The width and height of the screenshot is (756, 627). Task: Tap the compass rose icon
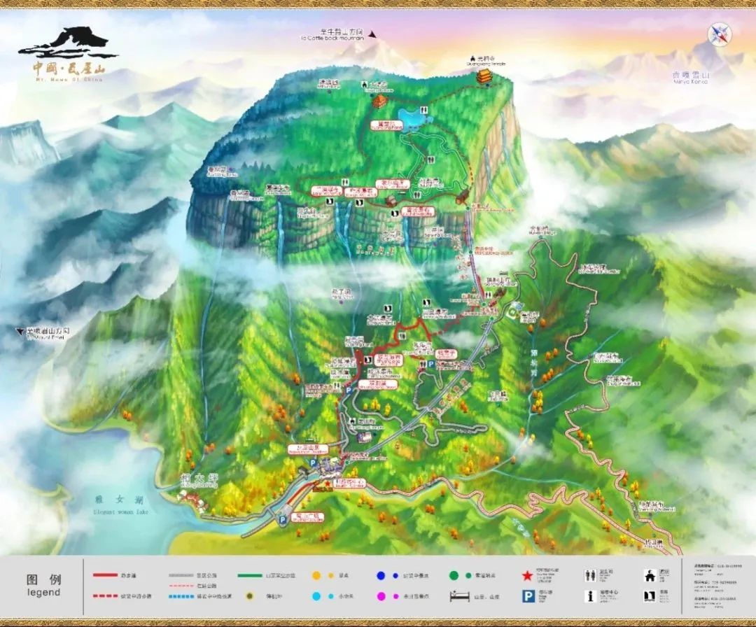tap(718, 34)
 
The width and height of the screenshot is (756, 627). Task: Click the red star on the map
tap(326, 483)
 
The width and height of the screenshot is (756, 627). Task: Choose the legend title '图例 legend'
tap(43, 585)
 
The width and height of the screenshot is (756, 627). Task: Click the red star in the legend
tap(527, 575)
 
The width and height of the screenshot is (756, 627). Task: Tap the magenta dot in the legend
tap(381, 597)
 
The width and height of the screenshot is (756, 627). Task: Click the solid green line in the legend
tap(250, 575)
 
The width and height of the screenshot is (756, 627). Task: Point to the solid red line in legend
tap(106, 575)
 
